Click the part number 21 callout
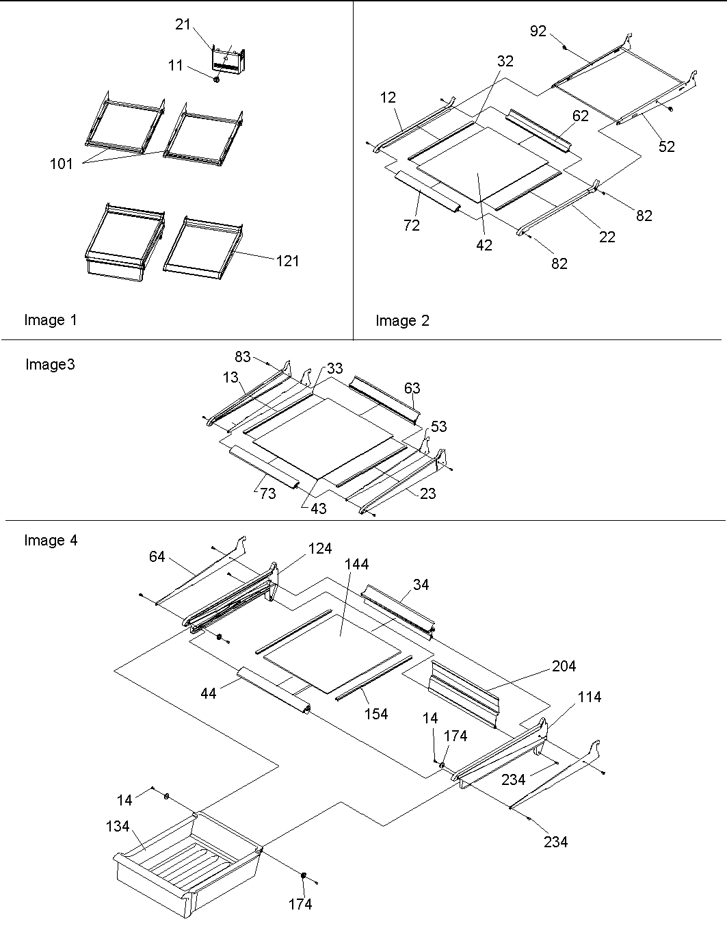(183, 24)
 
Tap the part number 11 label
(175, 65)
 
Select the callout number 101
(62, 164)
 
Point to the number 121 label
(287, 261)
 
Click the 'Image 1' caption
(51, 320)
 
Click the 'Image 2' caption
(402, 320)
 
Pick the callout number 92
(539, 31)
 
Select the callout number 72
(411, 225)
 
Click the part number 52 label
(666, 146)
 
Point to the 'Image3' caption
(50, 364)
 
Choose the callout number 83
(243, 357)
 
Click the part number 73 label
(267, 493)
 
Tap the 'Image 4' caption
(51, 541)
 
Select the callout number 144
(356, 564)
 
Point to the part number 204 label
(564, 666)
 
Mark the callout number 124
(320, 548)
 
